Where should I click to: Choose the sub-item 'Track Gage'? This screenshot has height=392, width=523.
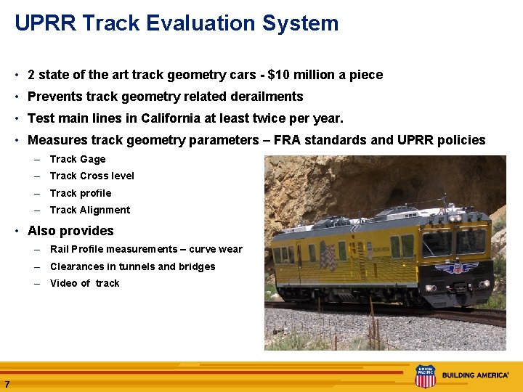78,159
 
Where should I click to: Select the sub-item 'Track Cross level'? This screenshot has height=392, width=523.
92,176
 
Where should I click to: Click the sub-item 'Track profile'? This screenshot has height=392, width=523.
81,193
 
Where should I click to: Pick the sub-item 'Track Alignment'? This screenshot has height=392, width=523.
90,210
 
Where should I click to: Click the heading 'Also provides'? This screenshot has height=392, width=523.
70,231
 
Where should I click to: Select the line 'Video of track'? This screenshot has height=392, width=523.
84,283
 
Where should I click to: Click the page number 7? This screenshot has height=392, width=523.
7,384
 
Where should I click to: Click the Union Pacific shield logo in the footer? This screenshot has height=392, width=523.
425,376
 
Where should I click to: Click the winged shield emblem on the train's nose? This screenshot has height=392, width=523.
457,268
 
